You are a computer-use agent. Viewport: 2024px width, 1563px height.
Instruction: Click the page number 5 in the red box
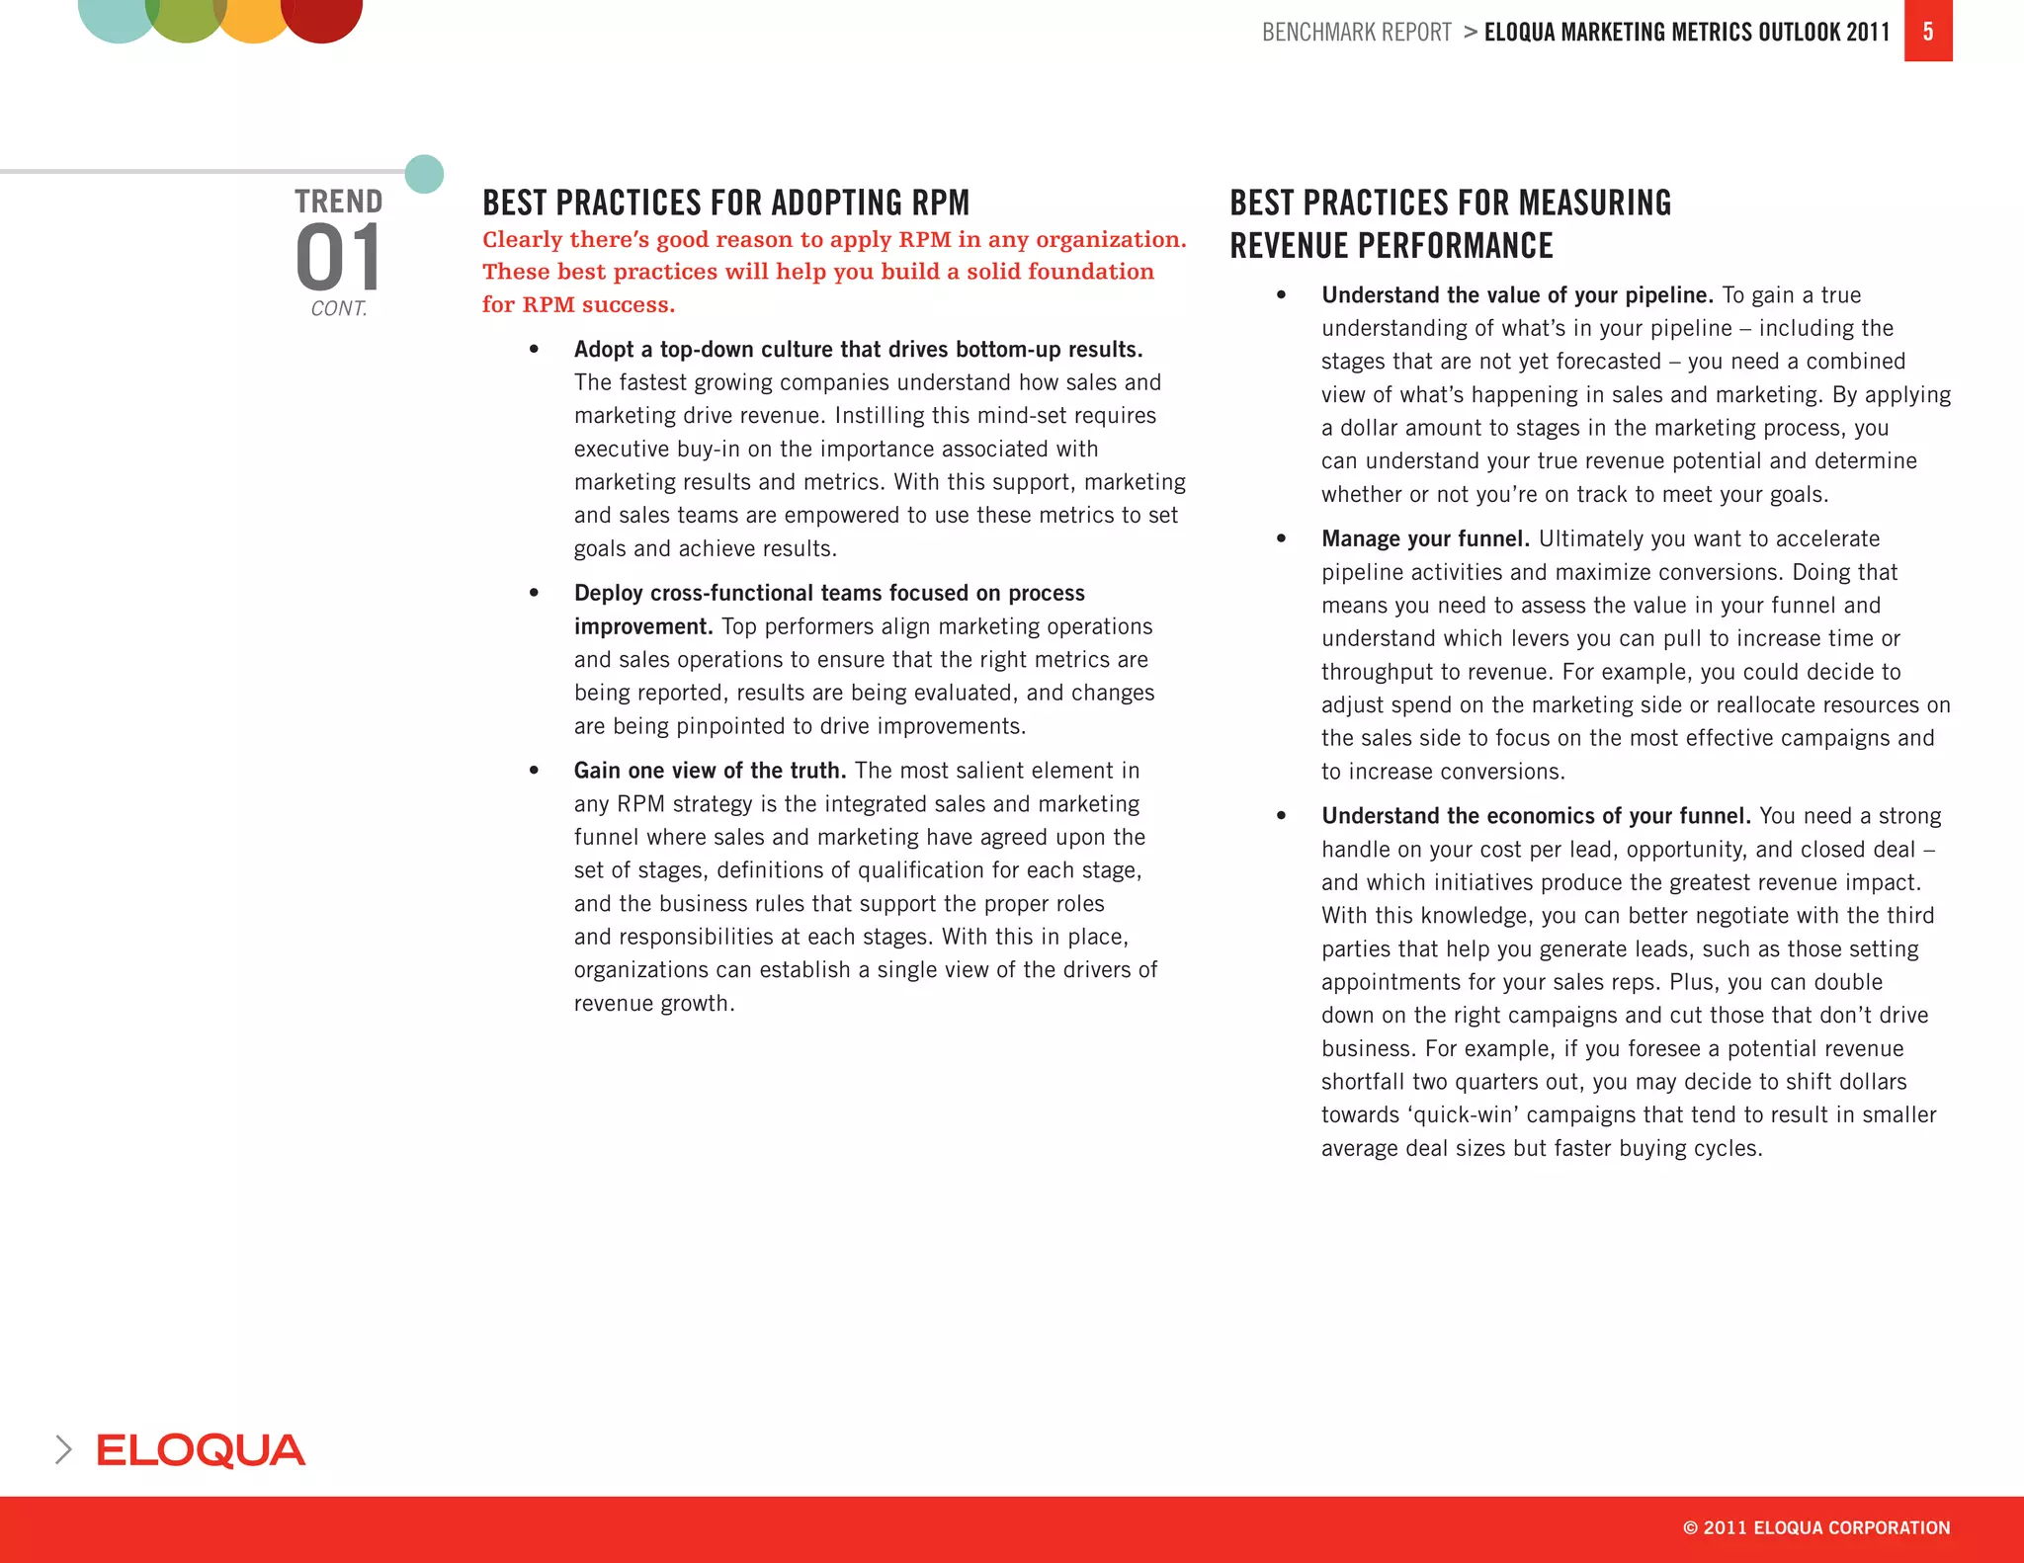(1927, 32)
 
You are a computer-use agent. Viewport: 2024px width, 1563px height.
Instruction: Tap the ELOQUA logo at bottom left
(201, 1450)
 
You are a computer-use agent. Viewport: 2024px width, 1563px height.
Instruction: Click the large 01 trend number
(338, 257)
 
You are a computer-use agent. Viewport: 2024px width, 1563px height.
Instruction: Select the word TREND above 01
(338, 202)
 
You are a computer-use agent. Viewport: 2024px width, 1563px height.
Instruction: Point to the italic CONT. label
(338, 308)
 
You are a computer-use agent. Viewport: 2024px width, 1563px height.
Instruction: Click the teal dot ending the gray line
(425, 174)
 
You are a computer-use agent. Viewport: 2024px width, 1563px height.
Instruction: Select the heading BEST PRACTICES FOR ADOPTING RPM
(725, 203)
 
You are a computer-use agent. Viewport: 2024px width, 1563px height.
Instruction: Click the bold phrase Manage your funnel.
(1425, 538)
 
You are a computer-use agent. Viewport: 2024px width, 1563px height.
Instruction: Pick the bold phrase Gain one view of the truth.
(710, 771)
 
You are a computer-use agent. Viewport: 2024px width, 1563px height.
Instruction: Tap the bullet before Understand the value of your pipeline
(1281, 294)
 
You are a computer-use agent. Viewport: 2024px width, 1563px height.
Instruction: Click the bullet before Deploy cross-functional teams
(534, 593)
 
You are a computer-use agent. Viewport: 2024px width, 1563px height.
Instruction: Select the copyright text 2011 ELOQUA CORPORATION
(1816, 1527)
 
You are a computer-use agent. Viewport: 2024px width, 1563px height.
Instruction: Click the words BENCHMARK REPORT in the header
(1356, 33)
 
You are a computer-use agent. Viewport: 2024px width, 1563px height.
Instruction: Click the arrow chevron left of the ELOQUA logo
(63, 1449)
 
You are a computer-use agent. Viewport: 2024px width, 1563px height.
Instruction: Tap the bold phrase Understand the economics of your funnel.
(1536, 816)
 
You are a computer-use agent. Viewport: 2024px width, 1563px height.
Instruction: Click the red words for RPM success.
(578, 304)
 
